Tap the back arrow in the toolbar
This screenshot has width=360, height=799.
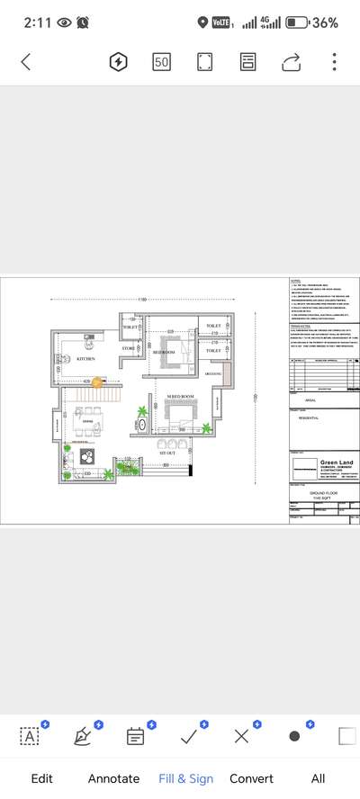pos(25,62)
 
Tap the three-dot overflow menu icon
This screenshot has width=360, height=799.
pos(334,62)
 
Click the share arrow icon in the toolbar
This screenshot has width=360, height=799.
pos(291,62)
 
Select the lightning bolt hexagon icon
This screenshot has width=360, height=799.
pos(118,62)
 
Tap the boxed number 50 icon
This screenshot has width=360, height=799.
pos(161,62)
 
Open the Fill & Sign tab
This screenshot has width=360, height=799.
pos(185,778)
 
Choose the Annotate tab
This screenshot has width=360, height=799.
pos(113,778)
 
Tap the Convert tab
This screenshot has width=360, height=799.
pos(251,778)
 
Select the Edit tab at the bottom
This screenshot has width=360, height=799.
pos(41,778)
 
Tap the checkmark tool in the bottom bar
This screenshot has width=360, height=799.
pos(189,736)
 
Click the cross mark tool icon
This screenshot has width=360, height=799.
pos(241,736)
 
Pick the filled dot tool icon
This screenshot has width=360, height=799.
pos(294,736)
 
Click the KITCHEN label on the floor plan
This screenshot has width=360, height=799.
pos(85,358)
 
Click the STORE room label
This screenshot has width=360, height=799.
pos(129,346)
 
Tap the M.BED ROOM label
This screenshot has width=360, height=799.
pos(181,397)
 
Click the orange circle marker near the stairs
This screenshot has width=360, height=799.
pos(97,382)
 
